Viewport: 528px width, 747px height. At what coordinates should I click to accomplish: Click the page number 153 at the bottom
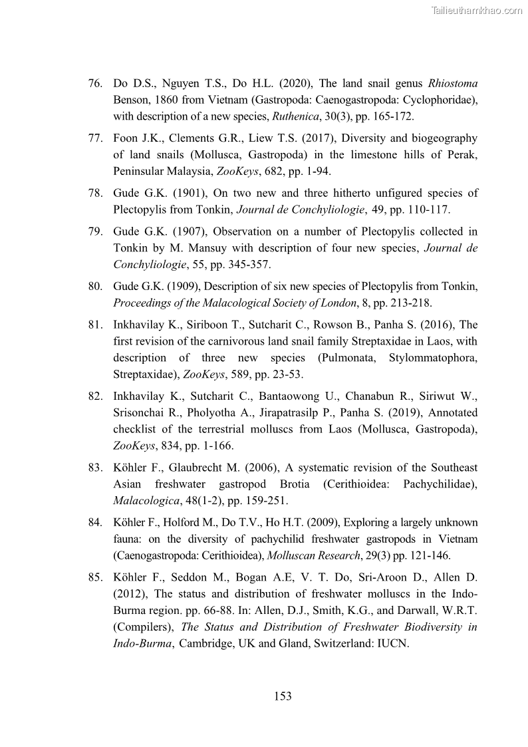pos(283,696)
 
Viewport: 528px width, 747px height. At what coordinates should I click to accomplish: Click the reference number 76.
pos(94,84)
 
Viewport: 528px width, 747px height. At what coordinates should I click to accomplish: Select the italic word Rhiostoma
pos(453,84)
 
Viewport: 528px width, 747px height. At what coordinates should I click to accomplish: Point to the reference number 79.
pos(94,232)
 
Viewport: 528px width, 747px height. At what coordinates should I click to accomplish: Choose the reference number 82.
pos(94,396)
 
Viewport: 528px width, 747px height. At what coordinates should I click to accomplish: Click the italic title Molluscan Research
pos(309,555)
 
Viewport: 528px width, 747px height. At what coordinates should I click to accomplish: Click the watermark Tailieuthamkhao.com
pos(477,10)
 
